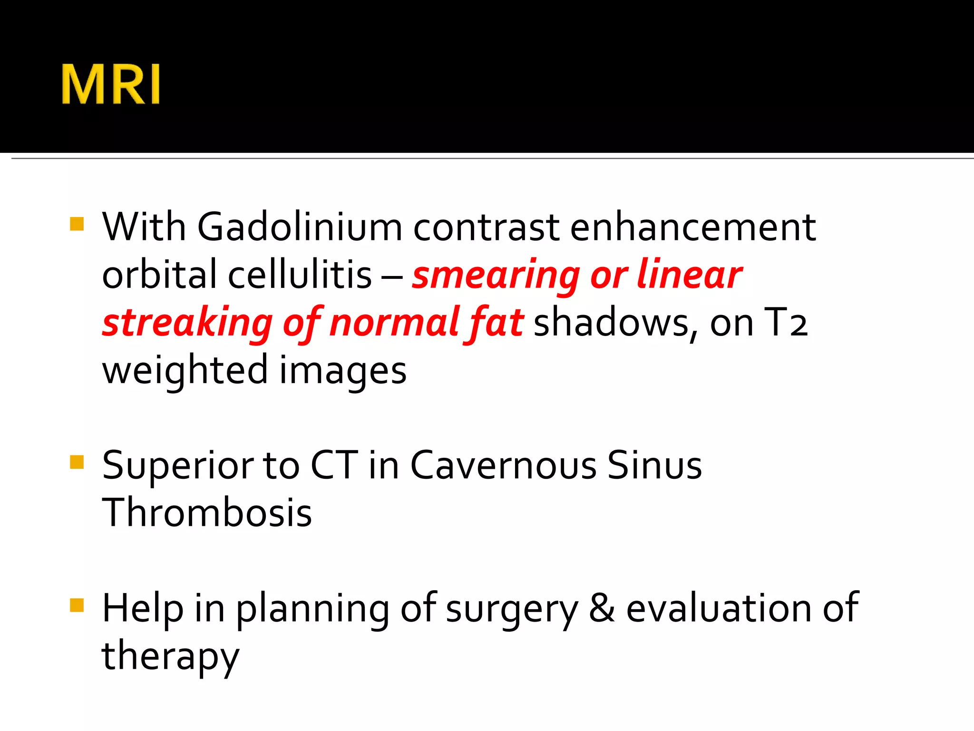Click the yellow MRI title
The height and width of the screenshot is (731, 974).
111,84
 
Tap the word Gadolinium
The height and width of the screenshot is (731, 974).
300,227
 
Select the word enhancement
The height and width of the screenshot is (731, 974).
693,227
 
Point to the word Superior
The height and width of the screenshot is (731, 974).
177,465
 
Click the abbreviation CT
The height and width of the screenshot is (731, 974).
334,465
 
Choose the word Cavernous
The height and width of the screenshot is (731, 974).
503,465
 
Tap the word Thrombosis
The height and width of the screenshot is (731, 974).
207,513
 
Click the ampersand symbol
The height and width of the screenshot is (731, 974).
602,609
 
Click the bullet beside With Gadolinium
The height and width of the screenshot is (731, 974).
77,224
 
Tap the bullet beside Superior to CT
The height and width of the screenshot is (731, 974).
77,462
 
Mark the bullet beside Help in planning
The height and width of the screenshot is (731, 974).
77,605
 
